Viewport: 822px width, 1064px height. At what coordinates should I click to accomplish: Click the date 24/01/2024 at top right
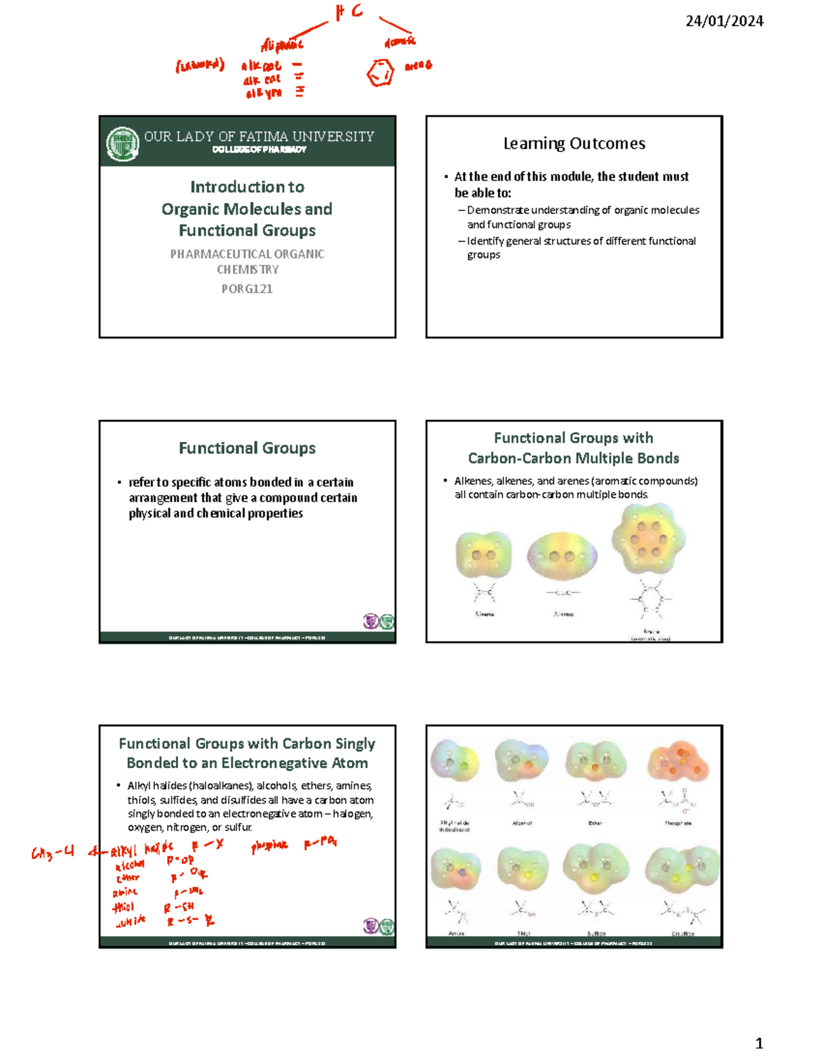(724, 21)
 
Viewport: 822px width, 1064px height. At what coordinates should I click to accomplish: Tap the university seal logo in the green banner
(123, 144)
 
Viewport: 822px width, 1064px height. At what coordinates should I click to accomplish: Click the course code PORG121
(247, 289)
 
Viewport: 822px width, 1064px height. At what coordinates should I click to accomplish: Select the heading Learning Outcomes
(574, 143)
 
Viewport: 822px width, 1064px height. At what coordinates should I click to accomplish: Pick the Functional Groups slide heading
(247, 448)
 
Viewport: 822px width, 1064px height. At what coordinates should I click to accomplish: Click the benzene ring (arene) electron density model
(648, 539)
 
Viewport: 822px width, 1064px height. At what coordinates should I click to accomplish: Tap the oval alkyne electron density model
(562, 556)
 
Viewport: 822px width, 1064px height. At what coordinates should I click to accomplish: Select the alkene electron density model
(484, 555)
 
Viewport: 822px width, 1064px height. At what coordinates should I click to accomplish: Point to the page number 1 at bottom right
(758, 1043)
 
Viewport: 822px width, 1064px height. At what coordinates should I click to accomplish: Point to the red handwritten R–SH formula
(179, 908)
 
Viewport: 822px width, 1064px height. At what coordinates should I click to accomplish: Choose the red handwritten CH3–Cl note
(53, 853)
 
